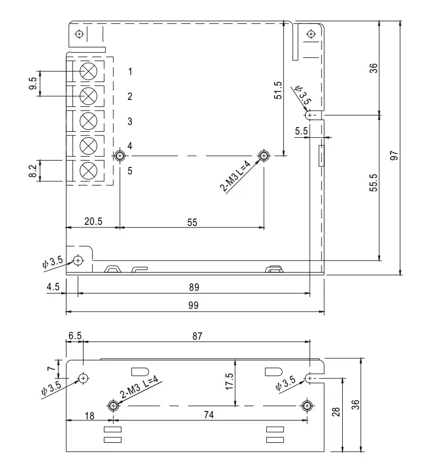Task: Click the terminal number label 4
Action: [x=130, y=146]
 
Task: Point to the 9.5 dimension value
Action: [x=33, y=84]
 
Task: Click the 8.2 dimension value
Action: [x=33, y=171]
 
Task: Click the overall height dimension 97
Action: [x=393, y=155]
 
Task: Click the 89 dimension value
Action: [x=194, y=287]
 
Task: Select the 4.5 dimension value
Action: [x=53, y=287]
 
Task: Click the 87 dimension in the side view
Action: [x=196, y=336]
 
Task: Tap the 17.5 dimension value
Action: [x=229, y=381]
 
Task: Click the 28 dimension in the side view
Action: [x=336, y=412]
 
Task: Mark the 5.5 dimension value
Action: [x=301, y=130]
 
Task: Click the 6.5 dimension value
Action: [x=75, y=336]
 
